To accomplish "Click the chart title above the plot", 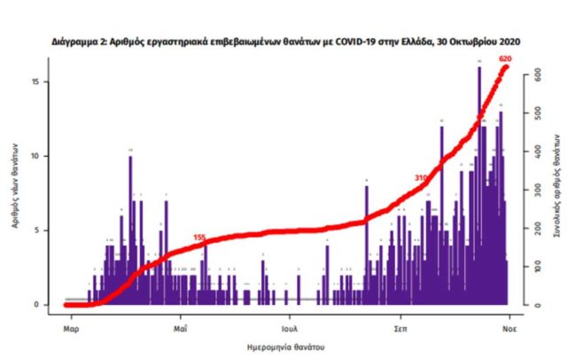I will click(x=287, y=42).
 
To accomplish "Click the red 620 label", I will click(x=506, y=59).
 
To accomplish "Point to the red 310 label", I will click(x=422, y=178).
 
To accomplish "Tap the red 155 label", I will click(x=199, y=238).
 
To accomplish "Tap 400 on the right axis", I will click(x=535, y=152).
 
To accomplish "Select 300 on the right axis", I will click(x=535, y=191).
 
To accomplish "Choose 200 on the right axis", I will click(x=535, y=229).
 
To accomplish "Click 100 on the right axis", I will click(x=535, y=267).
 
